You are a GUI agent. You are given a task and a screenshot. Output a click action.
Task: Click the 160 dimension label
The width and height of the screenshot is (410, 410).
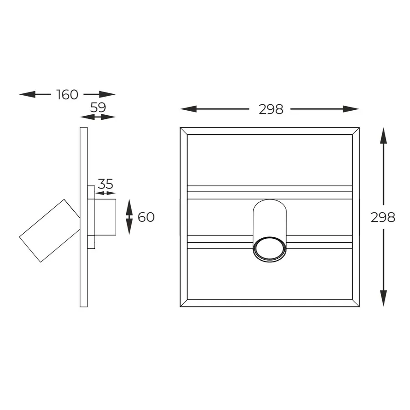pyautogui.click(x=67, y=94)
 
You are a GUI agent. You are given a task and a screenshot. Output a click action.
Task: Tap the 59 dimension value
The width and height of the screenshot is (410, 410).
pyautogui.click(x=98, y=107)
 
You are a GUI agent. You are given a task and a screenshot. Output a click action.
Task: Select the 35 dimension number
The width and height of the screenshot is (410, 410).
pyautogui.click(x=105, y=184)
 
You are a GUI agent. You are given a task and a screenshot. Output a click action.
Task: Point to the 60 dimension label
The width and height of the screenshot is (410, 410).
pyautogui.click(x=146, y=217)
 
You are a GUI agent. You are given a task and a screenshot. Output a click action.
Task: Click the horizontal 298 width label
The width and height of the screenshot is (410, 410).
pyautogui.click(x=271, y=109)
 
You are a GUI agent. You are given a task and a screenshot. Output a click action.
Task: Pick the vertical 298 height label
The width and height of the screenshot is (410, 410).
pyautogui.click(x=383, y=217)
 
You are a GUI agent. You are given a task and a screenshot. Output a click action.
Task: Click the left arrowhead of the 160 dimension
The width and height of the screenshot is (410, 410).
pyautogui.click(x=27, y=94)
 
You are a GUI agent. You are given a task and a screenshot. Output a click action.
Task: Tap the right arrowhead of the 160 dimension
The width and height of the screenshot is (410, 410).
pyautogui.click(x=107, y=94)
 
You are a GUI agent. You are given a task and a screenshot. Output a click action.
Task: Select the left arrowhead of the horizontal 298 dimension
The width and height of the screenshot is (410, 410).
pyautogui.click(x=188, y=109)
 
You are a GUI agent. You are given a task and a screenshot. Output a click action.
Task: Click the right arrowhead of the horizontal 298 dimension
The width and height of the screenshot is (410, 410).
pyautogui.click(x=351, y=109)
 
